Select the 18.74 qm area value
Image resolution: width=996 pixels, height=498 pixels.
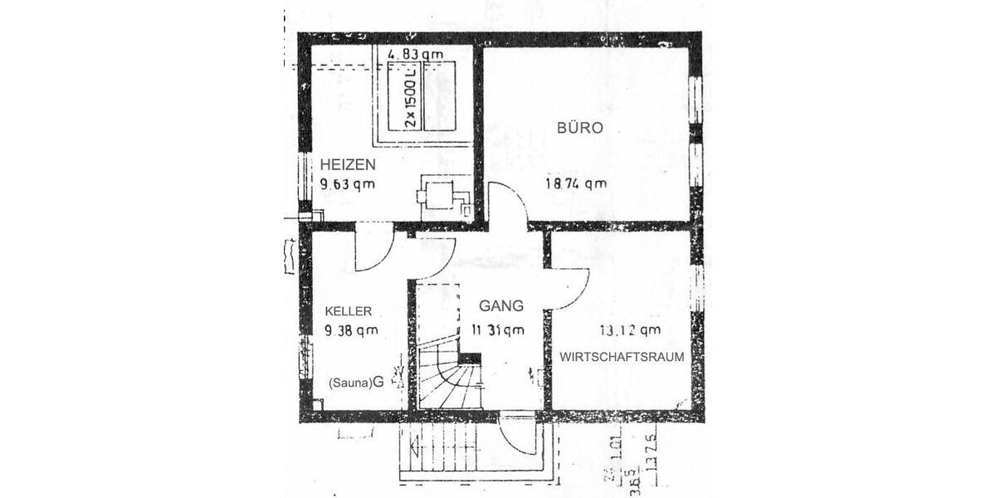575,184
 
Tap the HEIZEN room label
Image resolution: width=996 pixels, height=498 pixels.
348,166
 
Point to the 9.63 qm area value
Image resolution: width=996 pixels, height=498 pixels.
348,184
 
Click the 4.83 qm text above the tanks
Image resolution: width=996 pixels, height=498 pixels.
416,55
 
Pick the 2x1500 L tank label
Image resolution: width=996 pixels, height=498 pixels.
410,97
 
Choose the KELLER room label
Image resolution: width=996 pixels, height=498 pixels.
348,311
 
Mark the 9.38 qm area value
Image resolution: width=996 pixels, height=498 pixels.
351,330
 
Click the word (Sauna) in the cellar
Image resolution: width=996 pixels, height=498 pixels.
349,383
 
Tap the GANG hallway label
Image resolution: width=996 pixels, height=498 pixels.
495,306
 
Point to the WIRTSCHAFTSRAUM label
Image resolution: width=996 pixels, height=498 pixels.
622,357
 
